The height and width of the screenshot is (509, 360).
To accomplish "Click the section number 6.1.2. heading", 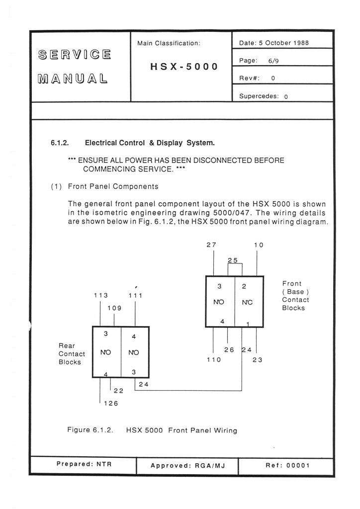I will click(x=60, y=143).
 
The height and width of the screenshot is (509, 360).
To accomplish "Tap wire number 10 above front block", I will click(x=259, y=245).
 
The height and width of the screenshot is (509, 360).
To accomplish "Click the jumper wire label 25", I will click(x=233, y=260).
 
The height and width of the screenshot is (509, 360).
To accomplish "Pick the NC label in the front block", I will click(x=247, y=302).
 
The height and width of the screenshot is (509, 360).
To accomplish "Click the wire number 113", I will click(x=101, y=295).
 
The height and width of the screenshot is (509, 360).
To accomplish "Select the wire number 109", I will click(x=114, y=308).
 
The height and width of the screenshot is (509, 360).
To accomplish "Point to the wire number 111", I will click(x=136, y=295).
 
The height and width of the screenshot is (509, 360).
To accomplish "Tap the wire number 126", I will click(x=110, y=404).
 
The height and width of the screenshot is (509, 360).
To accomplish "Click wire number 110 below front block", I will click(x=213, y=360).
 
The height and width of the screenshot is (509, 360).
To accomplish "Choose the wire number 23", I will click(x=257, y=360).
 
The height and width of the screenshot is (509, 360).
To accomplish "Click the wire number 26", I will click(x=229, y=350).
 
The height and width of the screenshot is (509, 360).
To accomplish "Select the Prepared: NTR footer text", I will click(x=84, y=464).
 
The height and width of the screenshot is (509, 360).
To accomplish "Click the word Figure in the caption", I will click(x=78, y=429).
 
